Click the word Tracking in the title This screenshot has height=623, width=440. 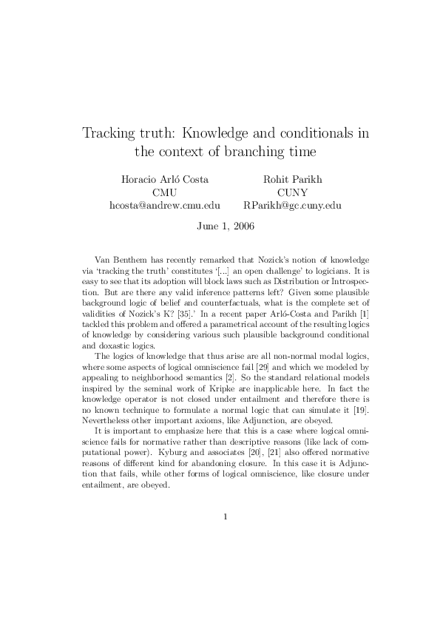pos(111,134)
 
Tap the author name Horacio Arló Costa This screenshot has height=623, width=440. pos(165,179)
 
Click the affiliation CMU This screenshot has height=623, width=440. pos(165,192)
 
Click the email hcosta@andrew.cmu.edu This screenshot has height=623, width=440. pos(165,206)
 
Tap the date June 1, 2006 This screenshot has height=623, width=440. pos(226,227)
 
